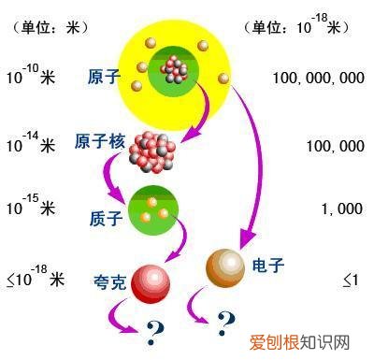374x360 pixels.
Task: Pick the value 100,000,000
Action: (x=319, y=78)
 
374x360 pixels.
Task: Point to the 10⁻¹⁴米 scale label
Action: (x=30, y=145)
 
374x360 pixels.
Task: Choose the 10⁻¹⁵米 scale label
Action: (x=30, y=208)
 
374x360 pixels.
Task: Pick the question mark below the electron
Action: (x=225, y=324)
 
